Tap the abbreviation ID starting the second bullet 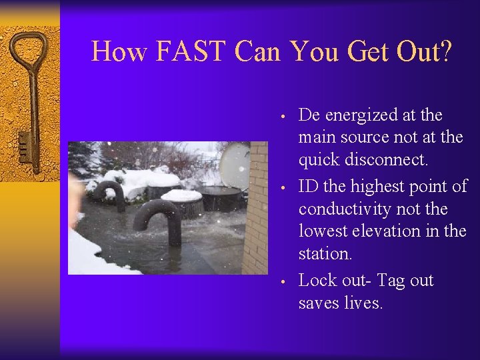[308, 187]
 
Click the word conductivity [347, 209]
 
